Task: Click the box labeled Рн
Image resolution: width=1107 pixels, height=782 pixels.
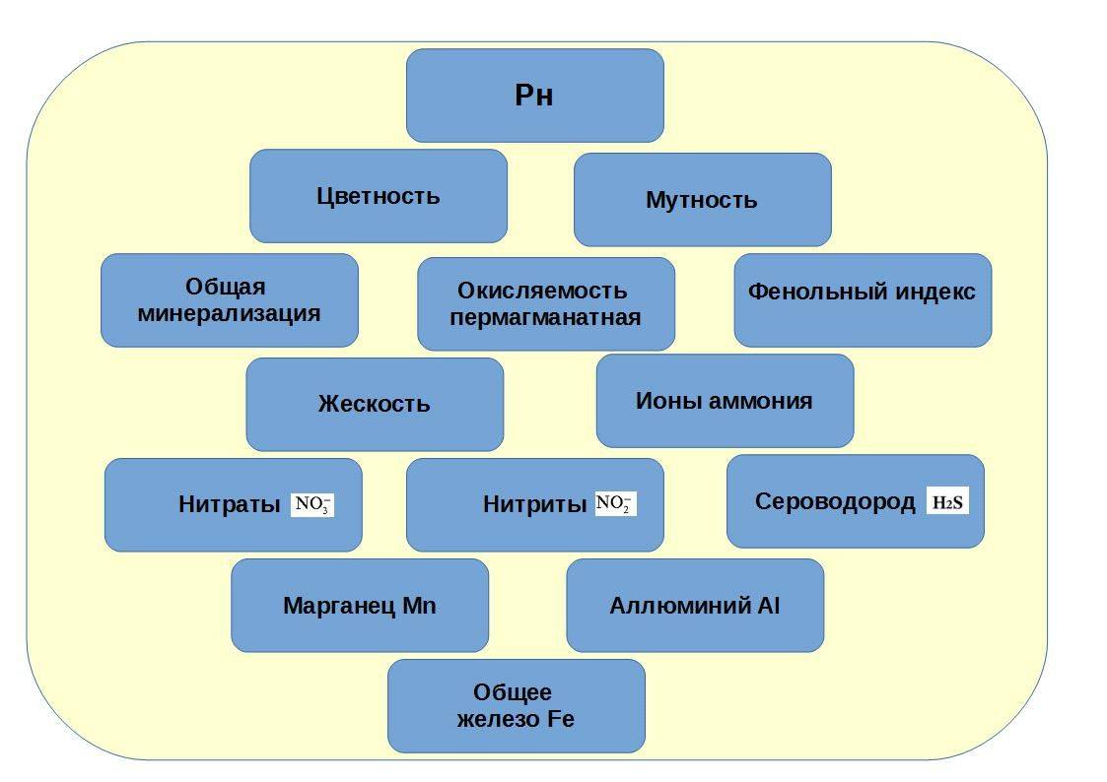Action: pyautogui.click(x=534, y=96)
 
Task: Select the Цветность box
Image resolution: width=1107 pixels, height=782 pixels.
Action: pyautogui.click(x=378, y=195)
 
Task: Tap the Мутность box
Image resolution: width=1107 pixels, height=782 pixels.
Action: pyautogui.click(x=702, y=200)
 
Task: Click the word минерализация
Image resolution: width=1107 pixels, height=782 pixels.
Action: pyautogui.click(x=229, y=314)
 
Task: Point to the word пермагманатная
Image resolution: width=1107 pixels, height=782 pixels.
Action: pyautogui.click(x=545, y=318)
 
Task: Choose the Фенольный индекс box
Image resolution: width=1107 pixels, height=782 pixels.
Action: pyautogui.click(x=862, y=293)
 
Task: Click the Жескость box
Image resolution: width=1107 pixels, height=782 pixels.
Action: pyautogui.click(x=374, y=404)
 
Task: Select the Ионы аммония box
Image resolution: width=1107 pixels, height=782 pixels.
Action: pyautogui.click(x=724, y=401)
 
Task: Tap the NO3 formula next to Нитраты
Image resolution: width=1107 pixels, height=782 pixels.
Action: pyautogui.click(x=312, y=505)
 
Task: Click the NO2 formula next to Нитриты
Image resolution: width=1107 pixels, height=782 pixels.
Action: pyautogui.click(x=615, y=504)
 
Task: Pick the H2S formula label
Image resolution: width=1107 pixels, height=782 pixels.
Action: pyautogui.click(x=948, y=502)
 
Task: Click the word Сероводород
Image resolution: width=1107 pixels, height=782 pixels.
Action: pyautogui.click(x=835, y=501)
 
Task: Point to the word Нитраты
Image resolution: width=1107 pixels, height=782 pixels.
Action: pyautogui.click(x=230, y=504)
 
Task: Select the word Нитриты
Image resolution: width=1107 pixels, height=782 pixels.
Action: pyautogui.click(x=535, y=504)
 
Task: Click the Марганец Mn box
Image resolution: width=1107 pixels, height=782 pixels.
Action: pyautogui.click(x=359, y=606)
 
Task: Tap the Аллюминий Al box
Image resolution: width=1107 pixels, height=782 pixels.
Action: pyautogui.click(x=694, y=606)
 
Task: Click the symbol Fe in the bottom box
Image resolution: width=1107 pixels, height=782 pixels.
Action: pyautogui.click(x=560, y=719)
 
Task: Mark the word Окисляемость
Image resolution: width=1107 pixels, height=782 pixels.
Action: pyautogui.click(x=542, y=292)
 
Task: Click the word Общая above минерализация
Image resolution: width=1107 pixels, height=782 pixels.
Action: pyautogui.click(x=226, y=288)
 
